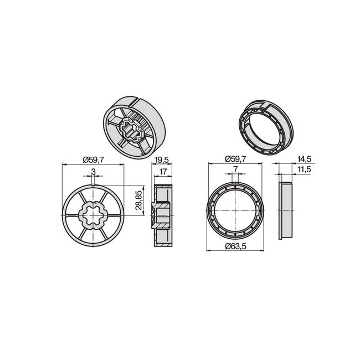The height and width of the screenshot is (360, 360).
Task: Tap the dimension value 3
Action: tap(94, 170)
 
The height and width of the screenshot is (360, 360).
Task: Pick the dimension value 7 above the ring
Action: tap(235, 169)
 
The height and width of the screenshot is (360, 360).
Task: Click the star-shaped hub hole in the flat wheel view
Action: tap(94, 213)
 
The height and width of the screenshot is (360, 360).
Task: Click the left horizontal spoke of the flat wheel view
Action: tap(73, 213)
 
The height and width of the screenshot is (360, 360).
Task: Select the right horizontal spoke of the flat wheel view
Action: tap(115, 213)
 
